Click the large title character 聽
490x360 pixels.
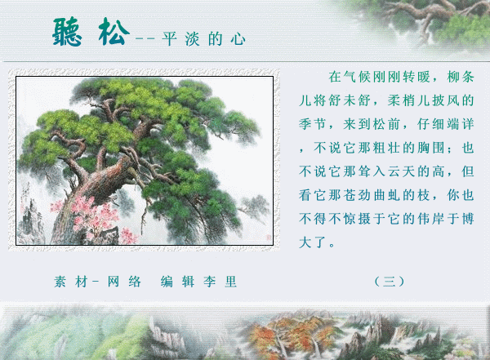(x=67, y=32)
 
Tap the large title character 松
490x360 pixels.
(x=114, y=31)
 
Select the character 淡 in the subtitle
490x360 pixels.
(x=192, y=39)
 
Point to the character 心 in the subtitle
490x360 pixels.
(x=238, y=39)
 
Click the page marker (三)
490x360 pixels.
(x=390, y=282)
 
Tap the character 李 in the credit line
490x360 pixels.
(x=210, y=282)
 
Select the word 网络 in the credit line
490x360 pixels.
(x=124, y=282)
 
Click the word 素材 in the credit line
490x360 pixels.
(x=70, y=282)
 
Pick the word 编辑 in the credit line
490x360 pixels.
(x=177, y=282)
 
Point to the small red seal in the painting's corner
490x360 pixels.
(x=268, y=238)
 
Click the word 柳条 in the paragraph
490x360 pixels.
(x=461, y=77)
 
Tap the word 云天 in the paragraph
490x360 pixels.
(x=401, y=171)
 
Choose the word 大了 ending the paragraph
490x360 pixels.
(x=313, y=242)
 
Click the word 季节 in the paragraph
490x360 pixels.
(x=313, y=124)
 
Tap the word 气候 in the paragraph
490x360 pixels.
(x=357, y=77)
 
